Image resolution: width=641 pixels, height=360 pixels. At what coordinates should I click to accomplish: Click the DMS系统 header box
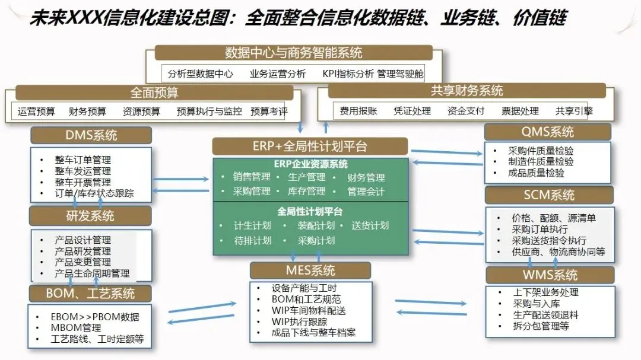coord(91,135)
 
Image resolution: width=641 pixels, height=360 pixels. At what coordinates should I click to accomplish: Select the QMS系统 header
coord(547,132)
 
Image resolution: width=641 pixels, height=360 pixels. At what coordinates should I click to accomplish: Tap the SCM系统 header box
coord(548,195)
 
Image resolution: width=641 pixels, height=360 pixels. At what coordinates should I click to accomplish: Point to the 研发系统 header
coord(90,215)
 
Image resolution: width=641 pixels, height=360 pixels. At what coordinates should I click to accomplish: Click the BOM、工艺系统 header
coord(90,293)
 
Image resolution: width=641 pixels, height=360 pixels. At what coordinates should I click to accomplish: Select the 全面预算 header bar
coord(154,93)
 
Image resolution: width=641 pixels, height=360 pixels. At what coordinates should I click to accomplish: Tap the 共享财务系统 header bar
coord(467,91)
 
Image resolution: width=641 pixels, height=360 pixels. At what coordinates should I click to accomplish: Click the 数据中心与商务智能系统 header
coord(293,53)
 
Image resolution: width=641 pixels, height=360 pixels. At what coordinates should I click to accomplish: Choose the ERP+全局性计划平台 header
coord(310,146)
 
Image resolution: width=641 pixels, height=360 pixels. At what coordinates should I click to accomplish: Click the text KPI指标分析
coord(348,74)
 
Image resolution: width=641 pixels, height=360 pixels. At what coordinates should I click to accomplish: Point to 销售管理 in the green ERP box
coord(251,177)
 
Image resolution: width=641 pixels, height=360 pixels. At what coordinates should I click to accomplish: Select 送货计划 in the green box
coord(370,225)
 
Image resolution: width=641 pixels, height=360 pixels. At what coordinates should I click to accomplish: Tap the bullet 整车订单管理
coord(82,160)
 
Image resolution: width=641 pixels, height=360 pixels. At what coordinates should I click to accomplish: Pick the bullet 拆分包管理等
coord(541,326)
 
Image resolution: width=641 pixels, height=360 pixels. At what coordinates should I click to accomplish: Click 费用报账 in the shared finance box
coord(358,111)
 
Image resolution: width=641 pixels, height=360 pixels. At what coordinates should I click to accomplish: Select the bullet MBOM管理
coord(75,327)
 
